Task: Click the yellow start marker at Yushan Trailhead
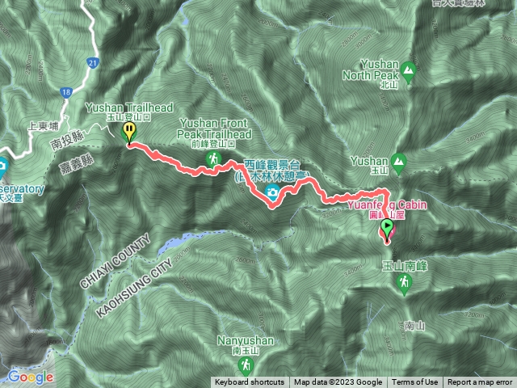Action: pos(128,131)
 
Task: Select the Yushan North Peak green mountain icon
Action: pos(408,72)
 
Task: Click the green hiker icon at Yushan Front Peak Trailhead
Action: pos(213,159)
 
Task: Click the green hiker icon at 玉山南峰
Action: pos(404,282)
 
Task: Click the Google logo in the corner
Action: pos(31,377)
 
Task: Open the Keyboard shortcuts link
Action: pos(250,382)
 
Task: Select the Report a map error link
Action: pos(480,382)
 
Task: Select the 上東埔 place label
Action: pos(43,125)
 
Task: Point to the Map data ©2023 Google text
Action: pos(338,382)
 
